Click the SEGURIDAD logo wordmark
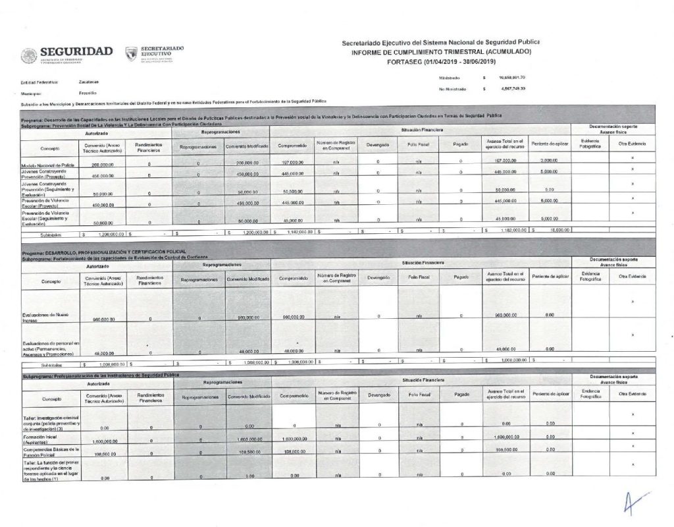[x=76, y=51]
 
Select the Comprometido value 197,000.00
[x=292, y=162]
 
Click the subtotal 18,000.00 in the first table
[x=549, y=231]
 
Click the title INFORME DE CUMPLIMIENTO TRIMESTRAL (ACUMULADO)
[x=441, y=51]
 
